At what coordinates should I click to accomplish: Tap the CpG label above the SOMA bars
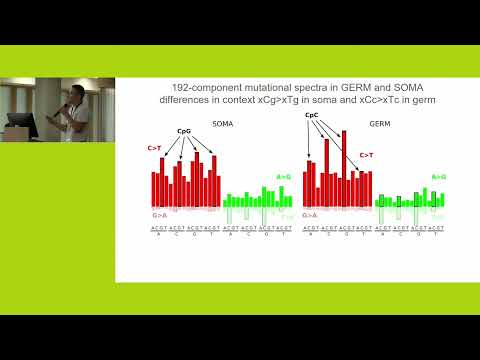coord(184,131)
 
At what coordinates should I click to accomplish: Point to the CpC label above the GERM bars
coord(310,116)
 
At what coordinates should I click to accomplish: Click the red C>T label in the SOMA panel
coord(154,149)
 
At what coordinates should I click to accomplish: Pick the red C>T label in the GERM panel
coord(367,155)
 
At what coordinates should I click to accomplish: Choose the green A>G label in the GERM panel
coord(438,177)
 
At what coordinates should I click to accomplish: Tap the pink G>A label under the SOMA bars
coord(159,215)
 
